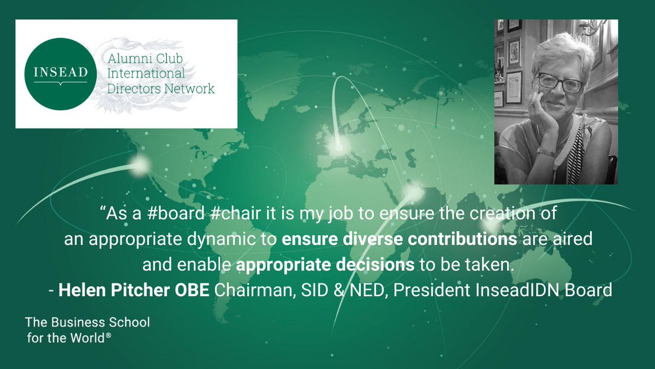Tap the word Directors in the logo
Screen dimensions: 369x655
point(132,88)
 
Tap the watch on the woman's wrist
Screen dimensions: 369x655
point(546,151)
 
